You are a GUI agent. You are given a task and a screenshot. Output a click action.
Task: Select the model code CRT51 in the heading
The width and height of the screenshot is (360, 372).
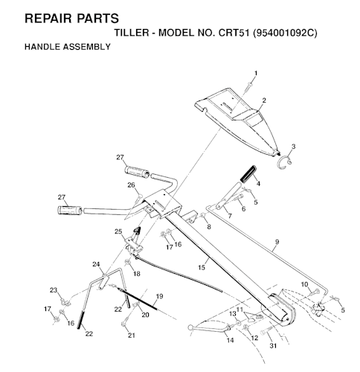(x=234, y=33)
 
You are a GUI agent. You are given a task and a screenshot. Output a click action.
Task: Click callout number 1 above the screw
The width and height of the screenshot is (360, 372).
(x=256, y=73)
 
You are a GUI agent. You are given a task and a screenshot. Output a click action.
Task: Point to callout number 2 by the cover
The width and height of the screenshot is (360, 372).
(x=264, y=100)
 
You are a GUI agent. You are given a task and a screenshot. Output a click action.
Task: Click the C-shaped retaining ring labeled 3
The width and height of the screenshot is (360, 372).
(x=284, y=162)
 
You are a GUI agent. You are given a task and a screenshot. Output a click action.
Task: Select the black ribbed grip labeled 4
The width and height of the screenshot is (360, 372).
(x=248, y=174)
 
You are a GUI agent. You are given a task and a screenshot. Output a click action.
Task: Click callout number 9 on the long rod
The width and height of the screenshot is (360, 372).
(x=277, y=242)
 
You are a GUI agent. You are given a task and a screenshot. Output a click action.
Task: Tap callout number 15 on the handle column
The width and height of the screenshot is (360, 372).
(x=202, y=267)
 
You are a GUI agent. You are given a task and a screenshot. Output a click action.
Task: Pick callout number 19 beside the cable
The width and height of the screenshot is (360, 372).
(x=160, y=296)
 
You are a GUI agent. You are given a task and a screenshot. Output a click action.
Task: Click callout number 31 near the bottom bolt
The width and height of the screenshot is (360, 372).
(x=273, y=345)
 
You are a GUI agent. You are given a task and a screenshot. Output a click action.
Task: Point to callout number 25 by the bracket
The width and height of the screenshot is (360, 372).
(x=118, y=231)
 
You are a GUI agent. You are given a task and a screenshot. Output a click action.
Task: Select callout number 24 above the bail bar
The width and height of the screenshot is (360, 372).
(x=96, y=264)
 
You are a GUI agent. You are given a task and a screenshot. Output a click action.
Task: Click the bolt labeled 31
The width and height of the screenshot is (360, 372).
(x=266, y=330)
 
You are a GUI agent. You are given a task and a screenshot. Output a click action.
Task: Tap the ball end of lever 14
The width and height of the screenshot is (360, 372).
(x=190, y=328)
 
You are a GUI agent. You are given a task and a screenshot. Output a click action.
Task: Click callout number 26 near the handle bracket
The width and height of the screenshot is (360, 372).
(x=131, y=185)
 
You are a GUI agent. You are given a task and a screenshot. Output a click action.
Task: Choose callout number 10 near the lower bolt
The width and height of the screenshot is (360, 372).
(x=305, y=284)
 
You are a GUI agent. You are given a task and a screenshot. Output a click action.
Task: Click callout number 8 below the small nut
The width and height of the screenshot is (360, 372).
(x=209, y=227)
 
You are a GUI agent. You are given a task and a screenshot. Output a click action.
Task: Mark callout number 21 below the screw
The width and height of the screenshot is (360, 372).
(x=132, y=335)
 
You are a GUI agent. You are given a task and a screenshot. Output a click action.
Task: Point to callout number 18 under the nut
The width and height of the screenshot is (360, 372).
(x=137, y=274)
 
